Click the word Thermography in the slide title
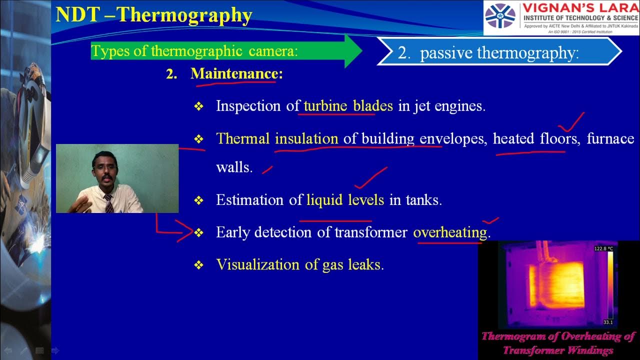(184, 15)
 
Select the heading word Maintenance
(233, 74)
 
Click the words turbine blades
(348, 106)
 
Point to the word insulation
(306, 138)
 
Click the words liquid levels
(345, 200)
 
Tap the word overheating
(450, 232)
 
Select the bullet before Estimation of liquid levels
(199, 200)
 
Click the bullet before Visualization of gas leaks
(199, 265)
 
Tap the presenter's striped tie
(108, 203)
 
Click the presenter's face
(103, 168)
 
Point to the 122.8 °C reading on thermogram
(603, 248)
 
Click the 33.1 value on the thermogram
(608, 322)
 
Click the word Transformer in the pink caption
(530, 350)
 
